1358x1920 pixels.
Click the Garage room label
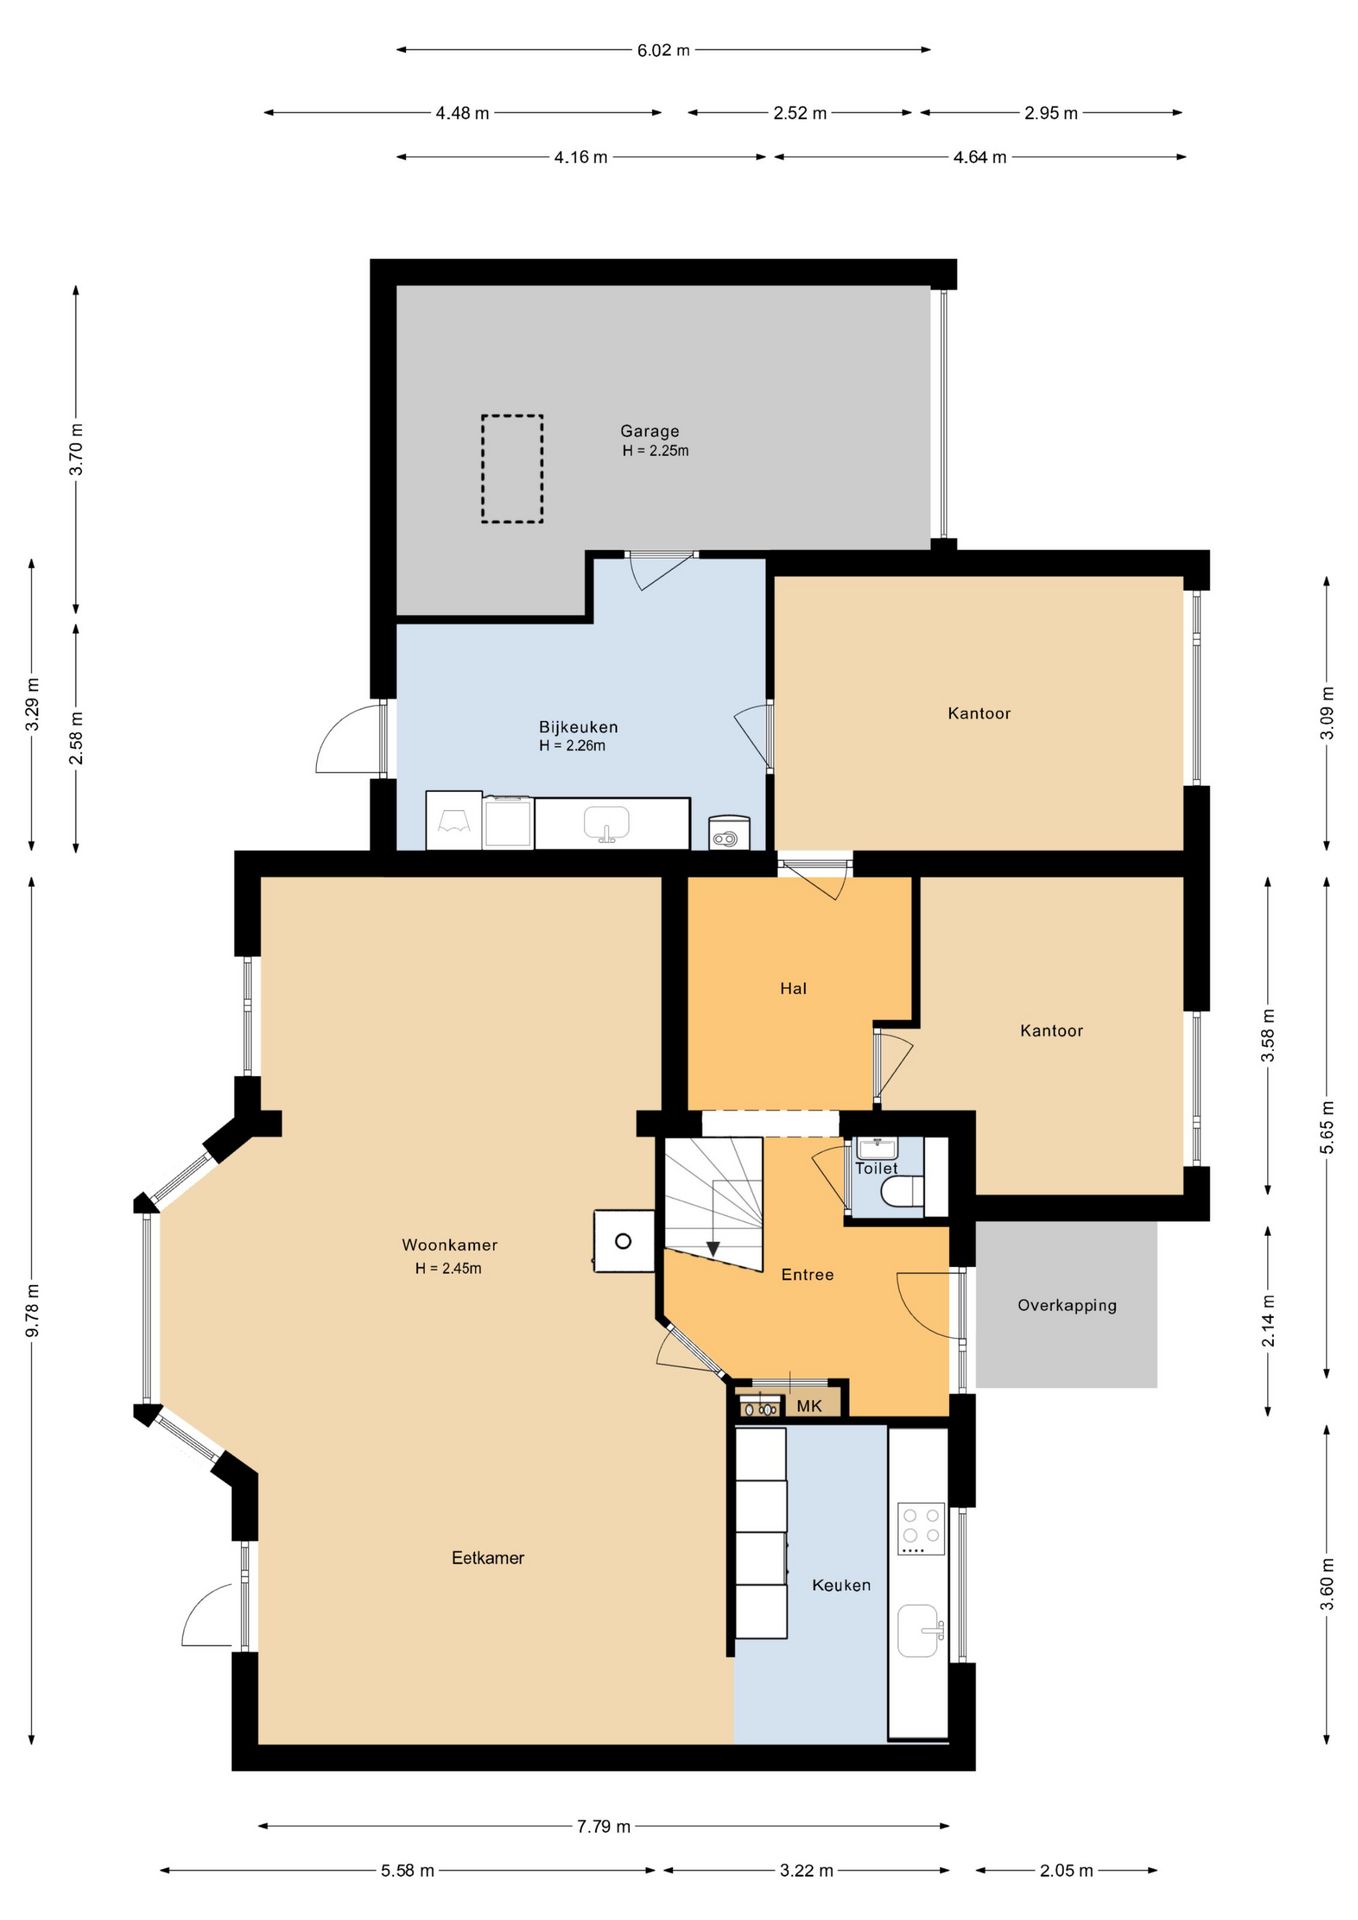pos(650,431)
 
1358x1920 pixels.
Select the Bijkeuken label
pos(578,727)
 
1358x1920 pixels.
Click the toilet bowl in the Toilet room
pos(902,1192)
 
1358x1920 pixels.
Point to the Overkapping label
pos(1067,1305)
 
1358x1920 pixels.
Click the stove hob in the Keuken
pos(921,1528)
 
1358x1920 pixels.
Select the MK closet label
pos(809,1406)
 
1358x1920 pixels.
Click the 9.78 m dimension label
pos(32,1311)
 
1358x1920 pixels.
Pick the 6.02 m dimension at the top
pos(663,50)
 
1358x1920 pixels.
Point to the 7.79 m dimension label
pos(603,1826)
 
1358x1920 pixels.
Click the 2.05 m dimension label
pos(1066,1870)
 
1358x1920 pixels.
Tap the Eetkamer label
pos(488,1557)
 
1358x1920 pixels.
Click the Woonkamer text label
pos(450,1245)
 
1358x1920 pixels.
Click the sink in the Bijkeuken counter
pos(607,824)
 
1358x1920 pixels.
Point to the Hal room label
pos(793,988)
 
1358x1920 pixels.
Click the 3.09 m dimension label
pos(1327,713)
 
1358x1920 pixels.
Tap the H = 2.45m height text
pos(449,1268)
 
